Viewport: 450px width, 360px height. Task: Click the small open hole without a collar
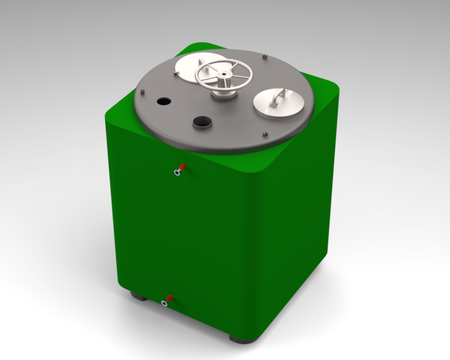click(x=164, y=101)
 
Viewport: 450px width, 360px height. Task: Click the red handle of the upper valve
click(x=182, y=166)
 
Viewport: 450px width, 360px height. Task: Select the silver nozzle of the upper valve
click(x=177, y=173)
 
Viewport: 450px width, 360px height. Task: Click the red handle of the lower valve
click(x=169, y=298)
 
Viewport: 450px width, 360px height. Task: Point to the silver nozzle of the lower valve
click(x=164, y=304)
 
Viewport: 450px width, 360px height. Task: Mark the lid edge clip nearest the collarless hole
click(x=143, y=92)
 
